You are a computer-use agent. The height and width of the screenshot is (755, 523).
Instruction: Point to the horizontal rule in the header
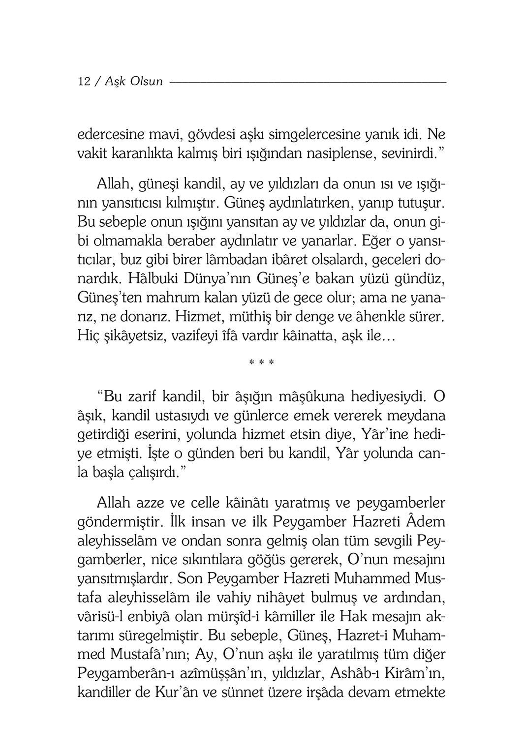[308, 82]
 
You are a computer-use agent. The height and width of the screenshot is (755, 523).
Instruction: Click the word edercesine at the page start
[111, 134]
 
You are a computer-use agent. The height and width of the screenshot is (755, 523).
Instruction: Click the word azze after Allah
[150, 504]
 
